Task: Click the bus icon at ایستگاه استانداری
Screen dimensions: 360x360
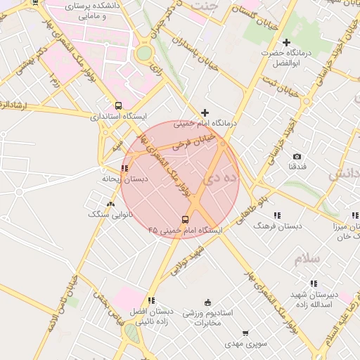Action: coord(119,106)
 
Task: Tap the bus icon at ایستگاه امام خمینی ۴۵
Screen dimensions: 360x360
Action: coord(185,219)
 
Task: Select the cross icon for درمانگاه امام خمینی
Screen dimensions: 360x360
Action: coord(205,112)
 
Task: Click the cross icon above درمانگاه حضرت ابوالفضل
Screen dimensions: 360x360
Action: coord(286,43)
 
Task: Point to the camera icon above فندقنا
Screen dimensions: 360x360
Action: coord(297,156)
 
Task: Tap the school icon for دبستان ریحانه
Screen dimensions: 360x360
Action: coord(124,169)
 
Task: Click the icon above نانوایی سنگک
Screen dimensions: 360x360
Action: coord(110,204)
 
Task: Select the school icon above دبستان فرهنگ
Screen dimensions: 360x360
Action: coord(276,215)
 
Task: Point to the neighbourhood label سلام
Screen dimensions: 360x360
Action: coord(307,258)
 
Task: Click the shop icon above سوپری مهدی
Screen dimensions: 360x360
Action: coord(245,333)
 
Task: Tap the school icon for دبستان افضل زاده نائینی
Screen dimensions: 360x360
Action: coord(152,300)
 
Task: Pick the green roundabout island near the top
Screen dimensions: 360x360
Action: coord(143,53)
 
